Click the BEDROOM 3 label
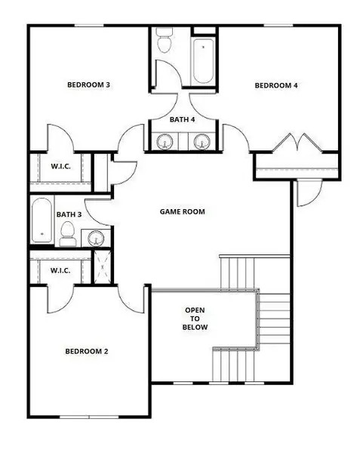[x=88, y=85]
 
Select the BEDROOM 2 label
[x=88, y=351]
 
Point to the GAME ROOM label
[x=182, y=211]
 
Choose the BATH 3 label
[x=69, y=214]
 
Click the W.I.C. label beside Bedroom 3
[x=60, y=166]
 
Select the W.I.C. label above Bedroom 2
[x=60, y=270]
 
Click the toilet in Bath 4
[x=164, y=42]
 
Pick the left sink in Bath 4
[x=165, y=141]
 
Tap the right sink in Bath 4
[x=201, y=141]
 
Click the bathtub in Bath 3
[x=42, y=220]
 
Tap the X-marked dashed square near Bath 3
[x=103, y=267]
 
